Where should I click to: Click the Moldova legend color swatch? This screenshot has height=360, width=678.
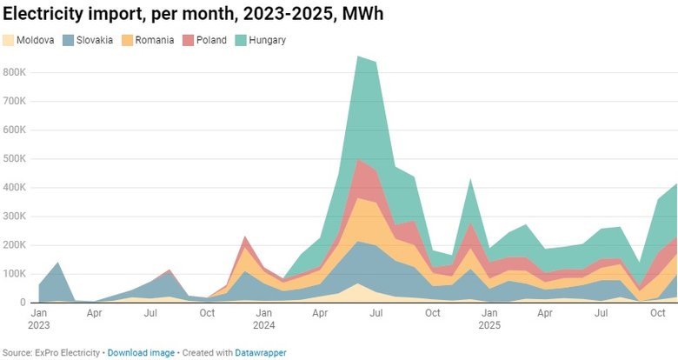click(x=10, y=40)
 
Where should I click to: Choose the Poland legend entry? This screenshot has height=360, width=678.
click(x=211, y=40)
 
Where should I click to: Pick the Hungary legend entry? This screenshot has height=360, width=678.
click(x=267, y=40)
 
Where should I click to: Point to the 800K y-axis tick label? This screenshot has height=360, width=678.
click(x=15, y=72)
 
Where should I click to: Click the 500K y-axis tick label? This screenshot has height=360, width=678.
click(x=15, y=159)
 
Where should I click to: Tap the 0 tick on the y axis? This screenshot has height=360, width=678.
click(x=23, y=303)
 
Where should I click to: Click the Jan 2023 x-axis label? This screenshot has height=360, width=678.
click(x=39, y=317)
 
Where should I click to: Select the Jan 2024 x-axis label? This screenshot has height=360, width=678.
click(x=264, y=317)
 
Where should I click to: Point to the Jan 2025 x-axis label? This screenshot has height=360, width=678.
click(x=489, y=317)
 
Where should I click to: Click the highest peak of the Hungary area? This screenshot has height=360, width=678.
click(x=358, y=57)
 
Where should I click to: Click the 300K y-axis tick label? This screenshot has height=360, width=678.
click(x=15, y=217)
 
